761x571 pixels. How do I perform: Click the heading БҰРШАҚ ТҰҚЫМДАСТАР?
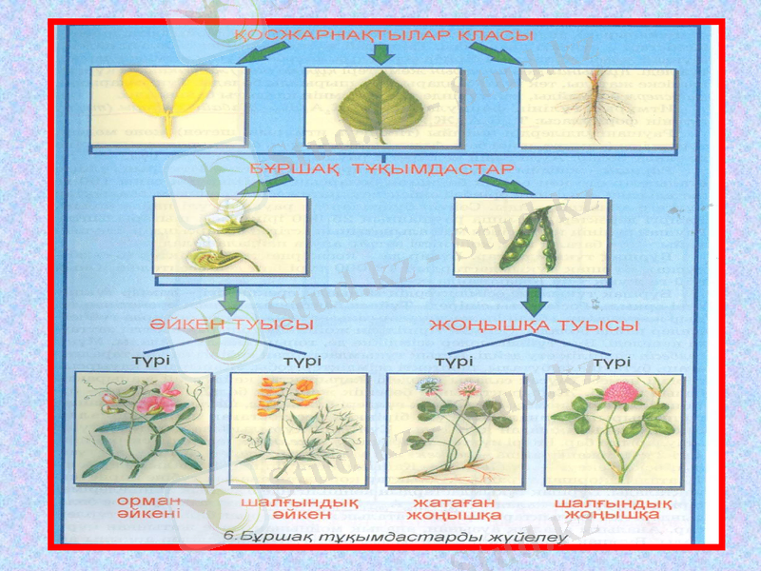(382, 167)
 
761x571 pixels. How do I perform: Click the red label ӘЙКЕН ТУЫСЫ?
(232, 325)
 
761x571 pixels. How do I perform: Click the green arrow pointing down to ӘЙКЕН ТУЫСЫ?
(229, 301)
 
